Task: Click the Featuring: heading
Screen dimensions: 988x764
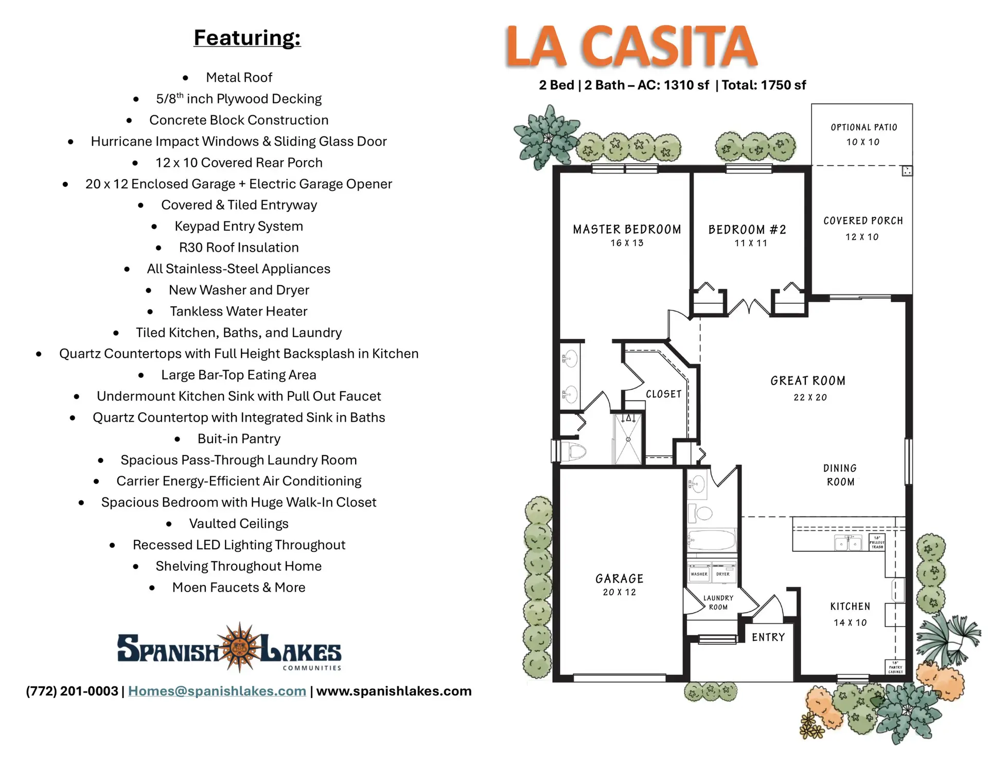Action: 247,38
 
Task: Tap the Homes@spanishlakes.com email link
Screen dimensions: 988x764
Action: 217,691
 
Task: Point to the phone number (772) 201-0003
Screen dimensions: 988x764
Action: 72,691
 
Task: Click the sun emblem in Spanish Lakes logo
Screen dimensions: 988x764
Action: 239,647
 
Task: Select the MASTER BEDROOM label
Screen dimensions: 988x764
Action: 627,230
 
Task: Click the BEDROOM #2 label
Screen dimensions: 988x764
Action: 747,230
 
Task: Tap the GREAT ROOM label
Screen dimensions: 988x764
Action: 808,381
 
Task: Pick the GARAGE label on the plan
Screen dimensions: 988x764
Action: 620,579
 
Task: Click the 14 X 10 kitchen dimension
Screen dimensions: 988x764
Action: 850,623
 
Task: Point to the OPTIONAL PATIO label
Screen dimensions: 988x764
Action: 864,127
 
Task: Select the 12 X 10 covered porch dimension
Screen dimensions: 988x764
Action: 862,237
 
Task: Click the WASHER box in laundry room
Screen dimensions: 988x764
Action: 699,574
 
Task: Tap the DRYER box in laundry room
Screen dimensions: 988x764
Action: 723,574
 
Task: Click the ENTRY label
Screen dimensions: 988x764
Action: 768,637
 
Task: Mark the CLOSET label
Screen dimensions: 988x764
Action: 664,394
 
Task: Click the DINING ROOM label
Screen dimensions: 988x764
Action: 840,475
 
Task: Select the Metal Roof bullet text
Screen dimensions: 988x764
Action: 239,78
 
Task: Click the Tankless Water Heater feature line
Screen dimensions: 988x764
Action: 239,311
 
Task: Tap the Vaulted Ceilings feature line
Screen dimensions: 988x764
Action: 239,524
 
